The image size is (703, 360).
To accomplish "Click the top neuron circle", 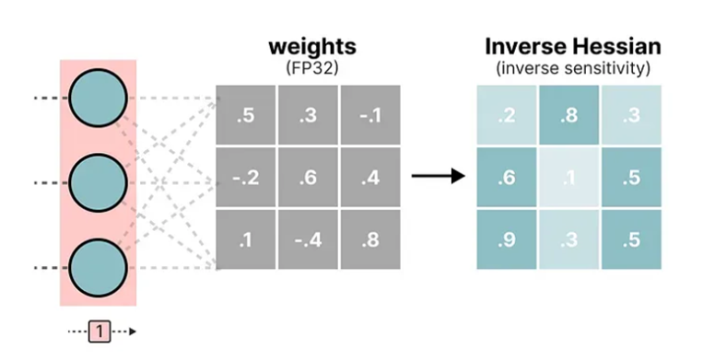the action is click(99, 99).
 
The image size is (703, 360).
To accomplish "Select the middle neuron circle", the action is click(99, 182).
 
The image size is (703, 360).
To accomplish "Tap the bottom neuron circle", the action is click(99, 268).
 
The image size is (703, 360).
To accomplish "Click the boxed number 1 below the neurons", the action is click(100, 331).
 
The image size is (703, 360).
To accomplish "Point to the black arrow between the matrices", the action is click(438, 176).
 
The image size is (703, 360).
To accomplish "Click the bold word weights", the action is click(312, 47).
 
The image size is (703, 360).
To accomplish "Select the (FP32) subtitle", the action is click(312, 68).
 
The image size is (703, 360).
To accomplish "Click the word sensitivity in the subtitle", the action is click(603, 68).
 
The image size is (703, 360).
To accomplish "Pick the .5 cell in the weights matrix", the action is click(246, 115).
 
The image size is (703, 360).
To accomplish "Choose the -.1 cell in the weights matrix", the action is click(370, 115).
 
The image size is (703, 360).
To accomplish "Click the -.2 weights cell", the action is click(246, 178).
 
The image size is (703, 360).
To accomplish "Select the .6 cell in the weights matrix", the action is click(308, 178).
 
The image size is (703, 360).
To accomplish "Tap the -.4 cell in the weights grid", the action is click(308, 239).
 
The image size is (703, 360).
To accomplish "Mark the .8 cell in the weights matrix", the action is click(370, 239).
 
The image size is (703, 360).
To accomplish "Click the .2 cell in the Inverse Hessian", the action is click(507, 115).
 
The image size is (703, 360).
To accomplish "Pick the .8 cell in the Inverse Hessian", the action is click(569, 115).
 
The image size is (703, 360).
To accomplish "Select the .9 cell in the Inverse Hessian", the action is click(507, 239).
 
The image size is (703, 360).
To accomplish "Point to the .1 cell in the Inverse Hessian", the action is click(569, 178).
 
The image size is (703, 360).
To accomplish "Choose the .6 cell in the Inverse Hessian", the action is click(507, 178).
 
